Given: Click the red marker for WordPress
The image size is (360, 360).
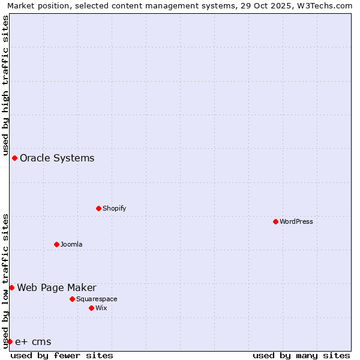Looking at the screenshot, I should click(275, 221).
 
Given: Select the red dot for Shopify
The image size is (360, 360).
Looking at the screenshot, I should click(98, 208).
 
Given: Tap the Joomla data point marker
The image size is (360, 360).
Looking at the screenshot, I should click(56, 244).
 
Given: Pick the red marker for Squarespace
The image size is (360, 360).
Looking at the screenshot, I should click(72, 299).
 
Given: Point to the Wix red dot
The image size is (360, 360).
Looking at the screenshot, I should click(91, 308).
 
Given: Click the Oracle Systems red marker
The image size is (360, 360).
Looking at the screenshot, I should click(14, 158).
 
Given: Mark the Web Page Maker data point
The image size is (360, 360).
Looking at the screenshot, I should click(11, 287).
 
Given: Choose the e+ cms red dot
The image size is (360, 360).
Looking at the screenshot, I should click(10, 341).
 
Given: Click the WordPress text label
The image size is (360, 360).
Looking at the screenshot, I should click(296, 221).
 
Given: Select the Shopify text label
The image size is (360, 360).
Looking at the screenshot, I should click(114, 208).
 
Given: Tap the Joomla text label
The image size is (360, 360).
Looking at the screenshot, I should click(71, 244).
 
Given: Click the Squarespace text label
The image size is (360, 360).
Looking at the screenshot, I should click(97, 299).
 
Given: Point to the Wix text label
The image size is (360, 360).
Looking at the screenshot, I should click(101, 308).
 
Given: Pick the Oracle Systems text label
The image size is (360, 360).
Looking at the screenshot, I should click(57, 158).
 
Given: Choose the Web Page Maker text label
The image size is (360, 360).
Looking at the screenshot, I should click(56, 287).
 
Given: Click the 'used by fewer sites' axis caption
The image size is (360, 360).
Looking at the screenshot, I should click(62, 355).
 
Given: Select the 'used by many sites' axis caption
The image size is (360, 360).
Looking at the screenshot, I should click(301, 355).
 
